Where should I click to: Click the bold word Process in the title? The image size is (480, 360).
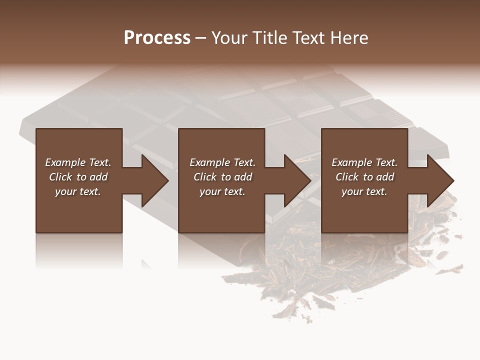click(157, 38)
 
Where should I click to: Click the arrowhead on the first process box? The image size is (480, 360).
click(152, 180)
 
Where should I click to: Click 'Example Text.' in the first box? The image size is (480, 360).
click(78, 162)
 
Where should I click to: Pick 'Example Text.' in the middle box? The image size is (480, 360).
click(222, 162)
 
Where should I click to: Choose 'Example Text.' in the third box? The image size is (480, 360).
click(364, 162)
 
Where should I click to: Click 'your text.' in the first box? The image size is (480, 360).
click(78, 191)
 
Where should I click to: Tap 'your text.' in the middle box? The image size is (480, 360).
click(222, 191)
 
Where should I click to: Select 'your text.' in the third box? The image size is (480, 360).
click(364, 191)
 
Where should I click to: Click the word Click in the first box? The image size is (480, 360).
click(60, 177)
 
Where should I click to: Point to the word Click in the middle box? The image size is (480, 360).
click(205, 177)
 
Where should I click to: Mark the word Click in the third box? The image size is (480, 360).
click(347, 177)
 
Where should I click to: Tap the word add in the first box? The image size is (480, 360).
click(98, 177)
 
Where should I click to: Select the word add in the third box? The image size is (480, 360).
click(385, 177)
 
